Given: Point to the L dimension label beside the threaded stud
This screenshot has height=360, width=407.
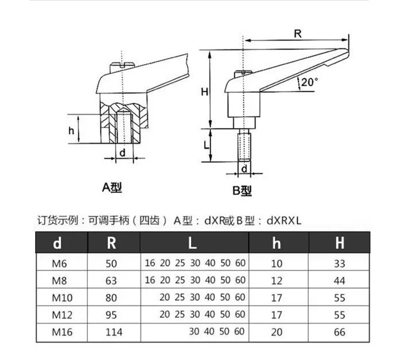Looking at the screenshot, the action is (x=206, y=146).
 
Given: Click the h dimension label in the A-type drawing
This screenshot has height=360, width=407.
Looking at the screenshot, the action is (x=71, y=130).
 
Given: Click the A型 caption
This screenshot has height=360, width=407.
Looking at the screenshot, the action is (x=112, y=188).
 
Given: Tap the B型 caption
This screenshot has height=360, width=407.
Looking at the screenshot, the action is (x=242, y=190).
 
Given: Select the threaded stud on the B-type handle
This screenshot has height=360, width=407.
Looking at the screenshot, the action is (x=244, y=146).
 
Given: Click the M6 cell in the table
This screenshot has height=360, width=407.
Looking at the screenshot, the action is (x=59, y=264).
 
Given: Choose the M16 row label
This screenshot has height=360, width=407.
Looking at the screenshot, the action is (x=61, y=332).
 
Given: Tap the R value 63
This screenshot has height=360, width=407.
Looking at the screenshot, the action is (x=111, y=281).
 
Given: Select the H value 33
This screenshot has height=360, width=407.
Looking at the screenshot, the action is (x=339, y=264).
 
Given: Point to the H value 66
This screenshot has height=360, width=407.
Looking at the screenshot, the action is (x=339, y=332).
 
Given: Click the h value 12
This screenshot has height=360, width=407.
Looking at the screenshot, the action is (x=277, y=281).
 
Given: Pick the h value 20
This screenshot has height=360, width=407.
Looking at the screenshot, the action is (x=277, y=332).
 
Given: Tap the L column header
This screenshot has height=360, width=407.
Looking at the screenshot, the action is (x=193, y=243).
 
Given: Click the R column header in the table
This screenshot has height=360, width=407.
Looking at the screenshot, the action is (x=111, y=243).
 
